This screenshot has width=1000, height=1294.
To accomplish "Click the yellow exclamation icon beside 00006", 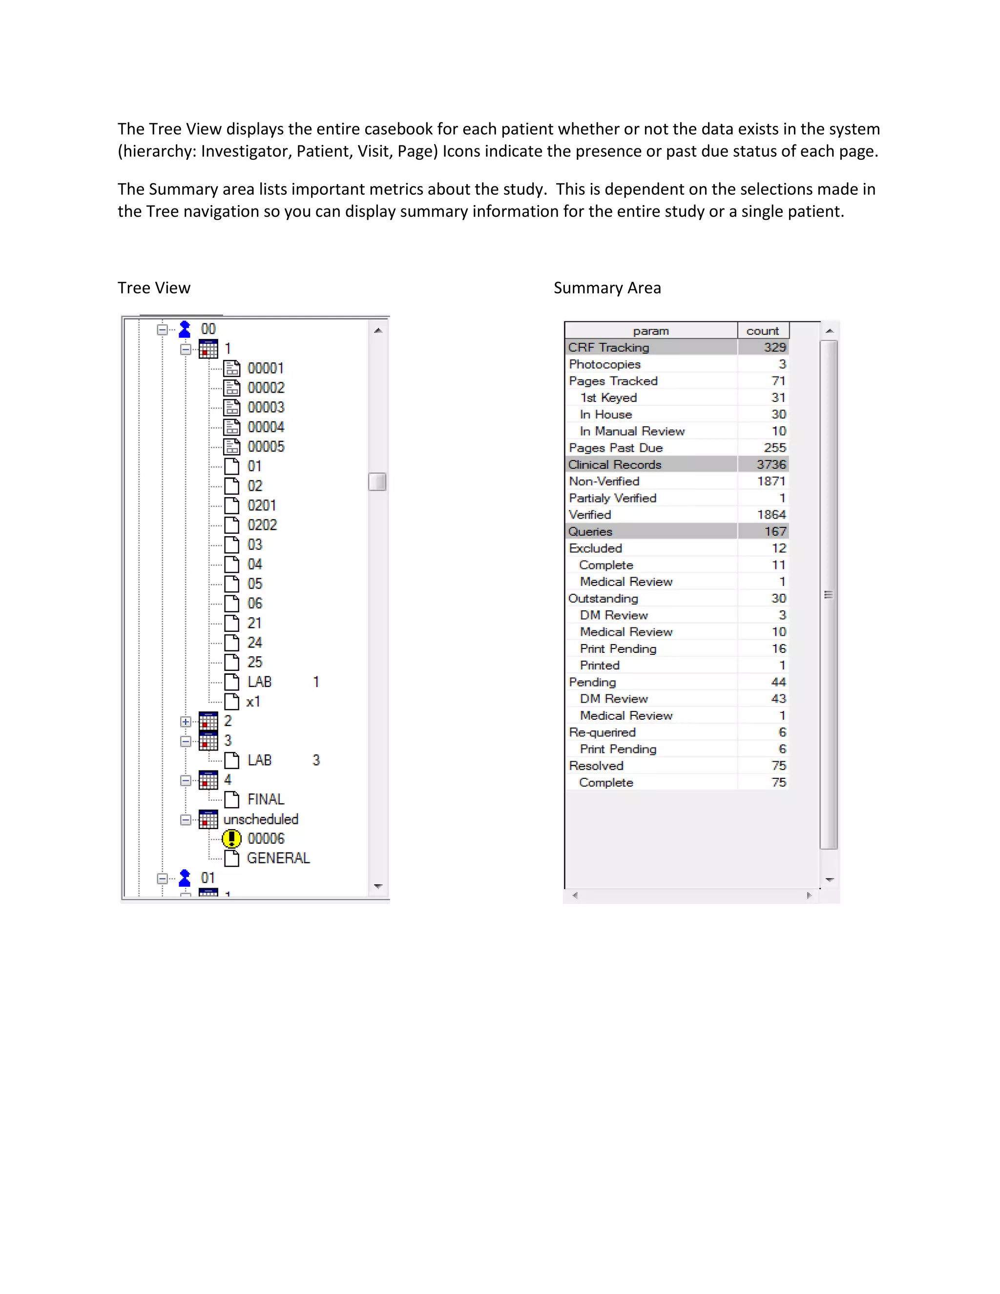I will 231,838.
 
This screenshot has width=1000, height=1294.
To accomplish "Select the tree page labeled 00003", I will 266,408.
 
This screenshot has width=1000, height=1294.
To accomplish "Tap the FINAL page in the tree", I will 266,799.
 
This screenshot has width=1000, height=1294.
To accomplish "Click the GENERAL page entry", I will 278,858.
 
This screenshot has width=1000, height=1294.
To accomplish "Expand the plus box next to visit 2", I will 186,722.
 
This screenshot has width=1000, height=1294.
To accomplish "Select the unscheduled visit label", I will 261,819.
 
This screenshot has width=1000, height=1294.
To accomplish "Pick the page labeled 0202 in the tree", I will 262,525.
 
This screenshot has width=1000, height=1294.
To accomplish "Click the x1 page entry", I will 253,702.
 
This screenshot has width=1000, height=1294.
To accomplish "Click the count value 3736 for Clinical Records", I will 771,464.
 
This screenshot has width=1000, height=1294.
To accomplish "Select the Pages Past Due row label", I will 616,448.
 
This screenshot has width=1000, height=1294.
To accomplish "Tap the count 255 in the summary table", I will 774,448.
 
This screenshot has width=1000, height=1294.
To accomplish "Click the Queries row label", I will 590,531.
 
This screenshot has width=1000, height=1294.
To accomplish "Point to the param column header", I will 650,331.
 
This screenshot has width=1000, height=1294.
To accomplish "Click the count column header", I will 762,331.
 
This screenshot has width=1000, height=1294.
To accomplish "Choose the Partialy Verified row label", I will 613,498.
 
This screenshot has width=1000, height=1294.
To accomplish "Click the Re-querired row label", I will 602,732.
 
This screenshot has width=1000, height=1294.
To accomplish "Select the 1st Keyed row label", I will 608,397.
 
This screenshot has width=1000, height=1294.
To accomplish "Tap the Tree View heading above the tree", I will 154,288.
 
